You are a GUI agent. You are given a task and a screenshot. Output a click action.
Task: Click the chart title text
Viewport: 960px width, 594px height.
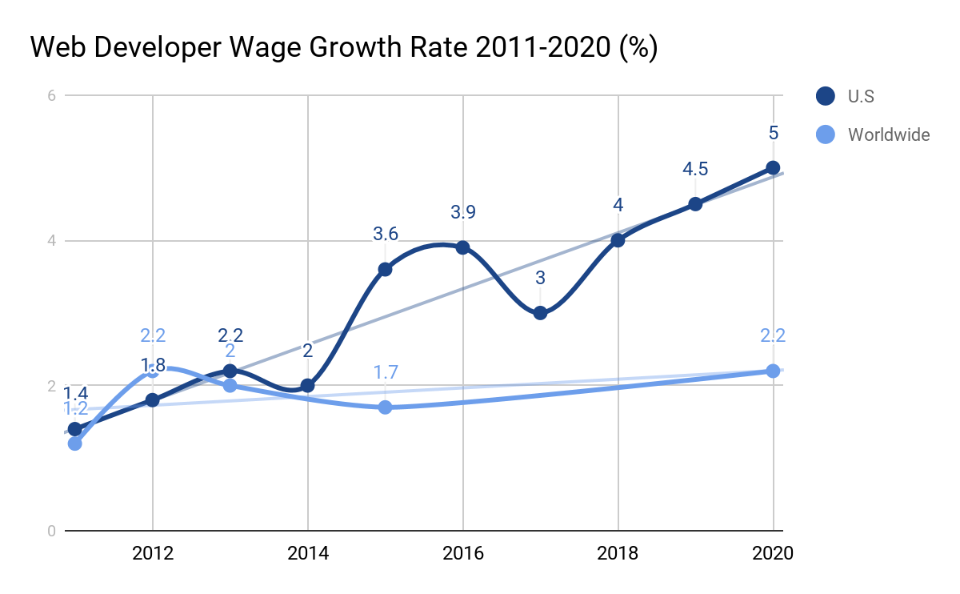[x=344, y=48]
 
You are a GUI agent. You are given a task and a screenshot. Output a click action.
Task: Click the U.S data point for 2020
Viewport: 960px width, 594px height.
[x=773, y=167]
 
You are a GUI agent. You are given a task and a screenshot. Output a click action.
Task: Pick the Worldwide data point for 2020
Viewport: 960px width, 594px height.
[x=773, y=371]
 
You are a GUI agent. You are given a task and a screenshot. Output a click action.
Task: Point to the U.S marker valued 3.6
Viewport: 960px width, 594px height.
[x=385, y=269]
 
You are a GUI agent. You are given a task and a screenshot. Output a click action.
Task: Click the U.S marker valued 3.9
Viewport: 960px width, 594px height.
[x=462, y=247]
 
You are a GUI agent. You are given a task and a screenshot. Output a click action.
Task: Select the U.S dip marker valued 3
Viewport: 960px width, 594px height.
[x=540, y=312]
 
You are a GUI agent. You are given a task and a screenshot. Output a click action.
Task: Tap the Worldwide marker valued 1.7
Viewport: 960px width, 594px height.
[x=385, y=407]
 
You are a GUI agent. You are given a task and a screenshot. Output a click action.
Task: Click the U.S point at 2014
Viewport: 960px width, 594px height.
[x=307, y=385]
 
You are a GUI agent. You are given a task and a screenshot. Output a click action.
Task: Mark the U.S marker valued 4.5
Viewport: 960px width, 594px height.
[x=695, y=204]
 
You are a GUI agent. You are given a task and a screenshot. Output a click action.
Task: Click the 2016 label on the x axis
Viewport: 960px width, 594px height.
[x=462, y=553]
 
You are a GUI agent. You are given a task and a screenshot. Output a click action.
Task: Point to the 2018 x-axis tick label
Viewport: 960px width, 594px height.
[x=618, y=553]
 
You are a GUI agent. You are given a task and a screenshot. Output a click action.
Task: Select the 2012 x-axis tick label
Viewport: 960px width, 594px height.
[x=152, y=553]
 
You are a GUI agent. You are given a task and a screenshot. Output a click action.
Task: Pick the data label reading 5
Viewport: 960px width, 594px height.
[x=773, y=133]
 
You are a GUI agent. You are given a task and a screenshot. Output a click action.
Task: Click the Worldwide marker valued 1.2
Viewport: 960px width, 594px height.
[x=74, y=443]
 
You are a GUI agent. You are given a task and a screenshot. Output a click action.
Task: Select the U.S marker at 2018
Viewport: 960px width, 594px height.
[x=618, y=240]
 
